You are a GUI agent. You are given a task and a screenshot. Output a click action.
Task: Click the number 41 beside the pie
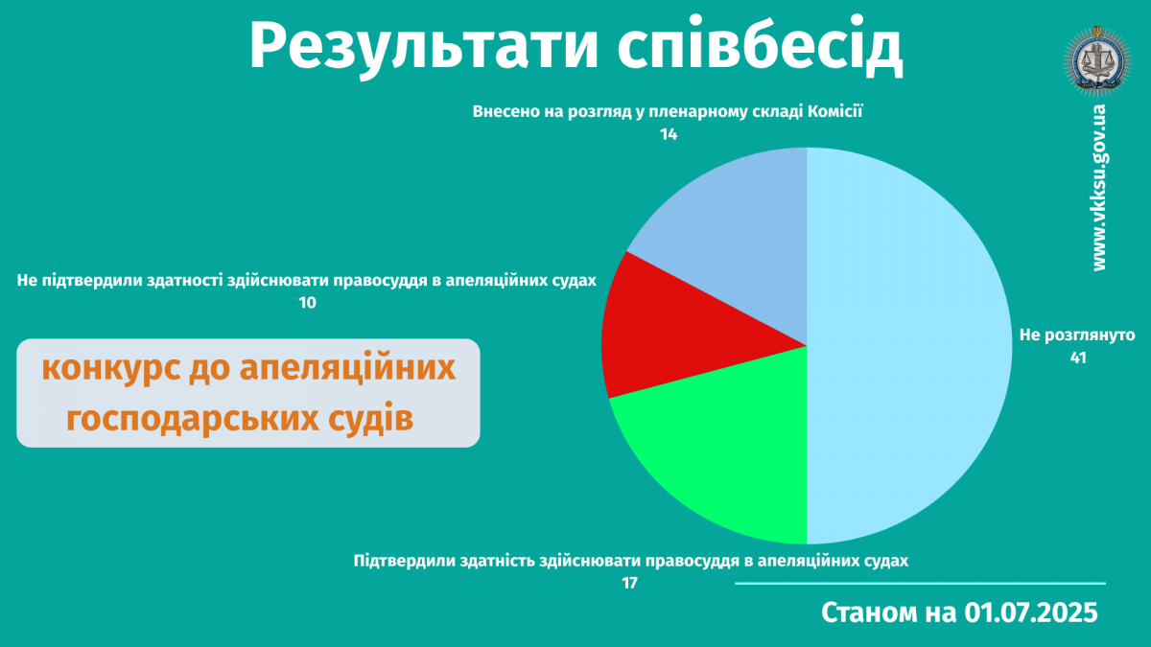point(1078,358)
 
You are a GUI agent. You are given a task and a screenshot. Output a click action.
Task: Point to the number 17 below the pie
point(629,584)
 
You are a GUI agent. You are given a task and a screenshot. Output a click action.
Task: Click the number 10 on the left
point(307,303)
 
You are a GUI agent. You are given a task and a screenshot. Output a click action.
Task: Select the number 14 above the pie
point(669,134)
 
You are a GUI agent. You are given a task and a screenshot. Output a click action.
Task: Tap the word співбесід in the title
point(760,46)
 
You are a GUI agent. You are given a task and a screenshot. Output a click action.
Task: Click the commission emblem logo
point(1098,61)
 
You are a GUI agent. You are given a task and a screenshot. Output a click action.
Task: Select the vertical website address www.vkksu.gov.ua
point(1099,188)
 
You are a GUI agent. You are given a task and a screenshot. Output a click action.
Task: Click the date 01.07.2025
point(1031,612)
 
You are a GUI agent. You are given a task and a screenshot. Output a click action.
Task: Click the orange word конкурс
point(111,369)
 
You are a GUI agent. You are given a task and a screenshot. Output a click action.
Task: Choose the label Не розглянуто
point(1077,335)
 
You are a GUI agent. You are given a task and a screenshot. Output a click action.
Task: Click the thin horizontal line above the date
point(920,584)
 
